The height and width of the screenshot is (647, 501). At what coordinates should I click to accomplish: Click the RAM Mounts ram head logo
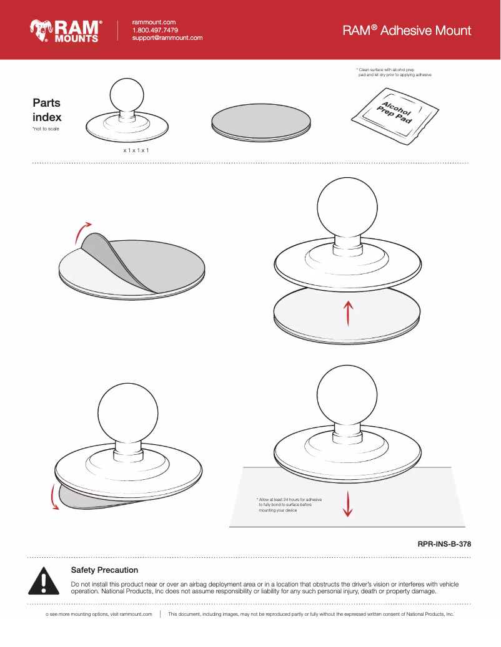(41, 30)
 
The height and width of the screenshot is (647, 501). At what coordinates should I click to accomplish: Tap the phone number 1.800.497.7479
(155, 30)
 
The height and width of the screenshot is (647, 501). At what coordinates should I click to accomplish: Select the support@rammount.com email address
(167, 37)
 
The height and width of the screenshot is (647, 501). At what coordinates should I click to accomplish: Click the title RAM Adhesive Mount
(407, 30)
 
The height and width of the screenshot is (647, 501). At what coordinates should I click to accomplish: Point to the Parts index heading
(47, 110)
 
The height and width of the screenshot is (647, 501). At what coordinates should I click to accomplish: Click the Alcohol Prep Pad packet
(395, 116)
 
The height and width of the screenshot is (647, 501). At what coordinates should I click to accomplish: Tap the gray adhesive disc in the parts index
(261, 122)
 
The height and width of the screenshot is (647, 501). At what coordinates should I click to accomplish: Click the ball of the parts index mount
(127, 95)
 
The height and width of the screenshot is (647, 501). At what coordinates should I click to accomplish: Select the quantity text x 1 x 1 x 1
(136, 150)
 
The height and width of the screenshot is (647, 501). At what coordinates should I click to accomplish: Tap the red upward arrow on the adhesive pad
(348, 313)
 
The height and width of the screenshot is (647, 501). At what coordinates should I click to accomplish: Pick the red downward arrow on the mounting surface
(348, 504)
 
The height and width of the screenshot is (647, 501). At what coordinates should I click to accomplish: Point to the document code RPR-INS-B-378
(444, 544)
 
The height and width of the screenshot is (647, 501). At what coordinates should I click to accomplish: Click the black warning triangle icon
(44, 581)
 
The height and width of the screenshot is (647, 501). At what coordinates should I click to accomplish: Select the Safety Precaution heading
(104, 570)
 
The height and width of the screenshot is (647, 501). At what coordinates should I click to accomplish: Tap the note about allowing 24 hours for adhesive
(289, 505)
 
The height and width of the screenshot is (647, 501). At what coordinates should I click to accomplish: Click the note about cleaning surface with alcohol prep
(394, 72)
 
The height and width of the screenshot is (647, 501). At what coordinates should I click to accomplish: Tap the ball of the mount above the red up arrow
(347, 208)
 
